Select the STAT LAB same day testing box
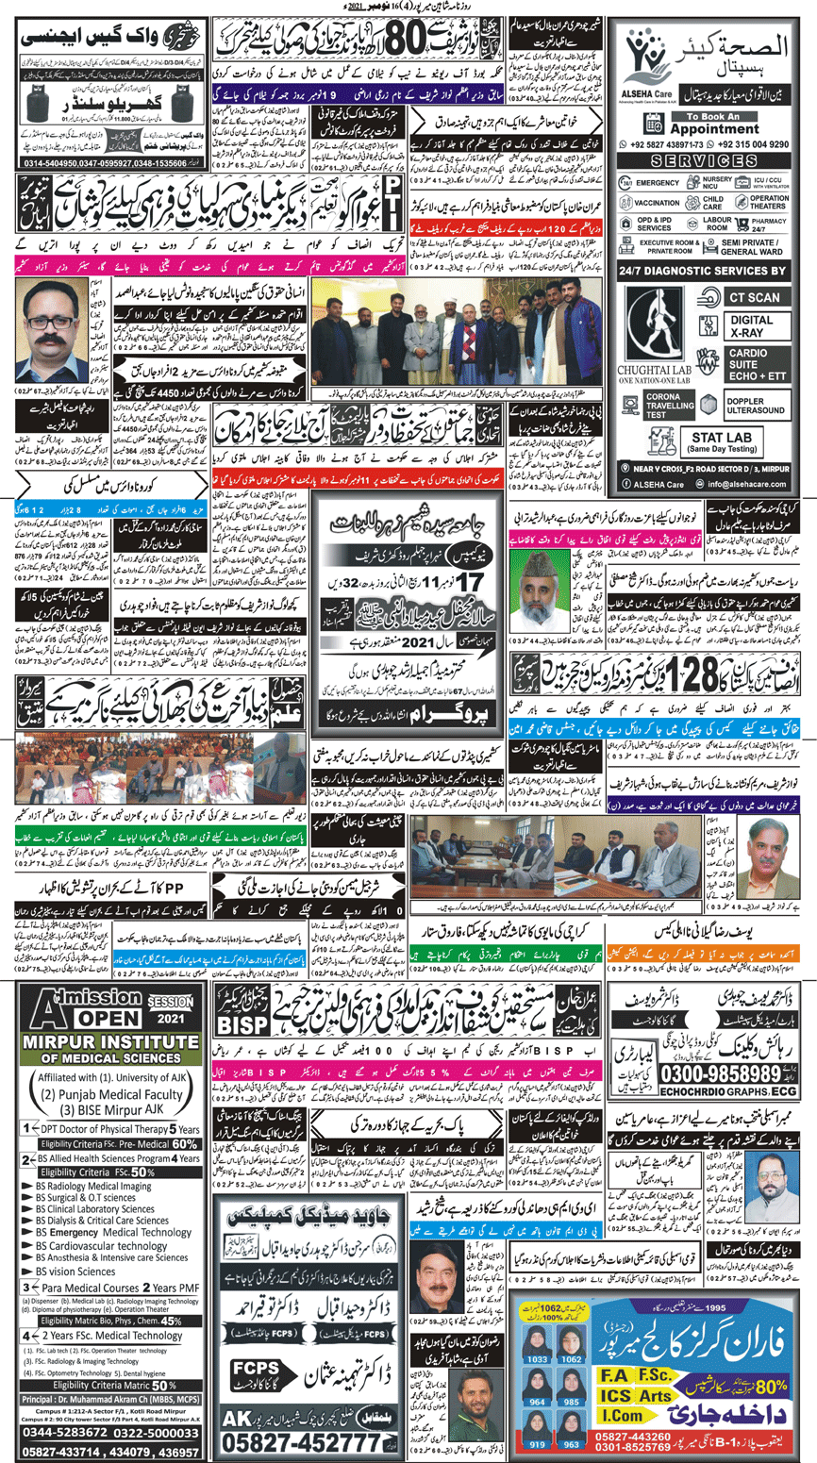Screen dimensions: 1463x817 (721, 442)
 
